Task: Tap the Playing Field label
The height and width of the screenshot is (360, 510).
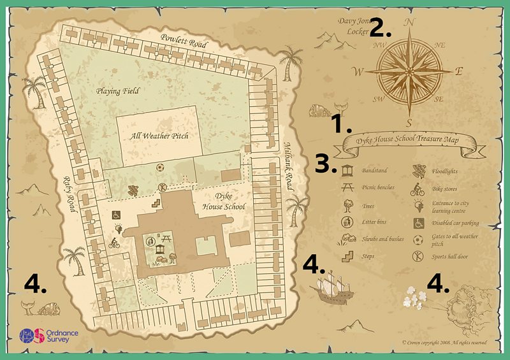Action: point(118,91)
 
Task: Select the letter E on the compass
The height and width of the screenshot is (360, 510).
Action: point(458,72)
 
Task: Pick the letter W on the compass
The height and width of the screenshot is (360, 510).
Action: point(358,71)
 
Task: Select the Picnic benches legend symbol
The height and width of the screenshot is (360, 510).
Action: point(349,188)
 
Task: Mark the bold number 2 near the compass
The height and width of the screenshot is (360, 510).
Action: point(381,27)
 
